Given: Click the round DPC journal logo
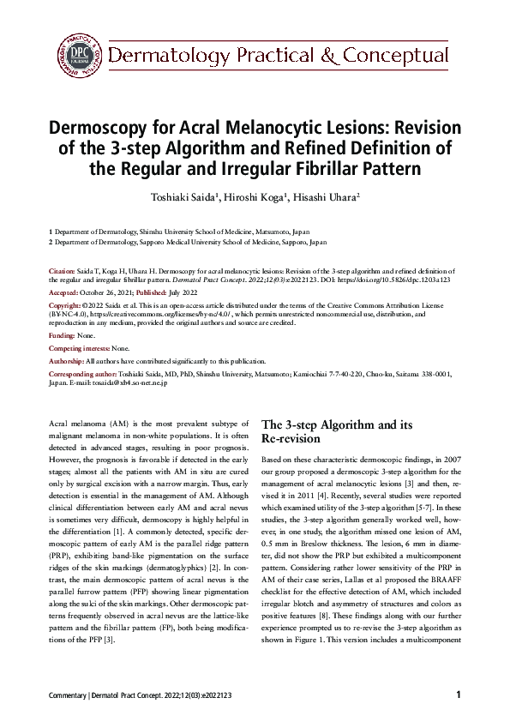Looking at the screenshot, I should pyautogui.click(x=81, y=56).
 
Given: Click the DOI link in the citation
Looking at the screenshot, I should pyautogui.click(x=411, y=279).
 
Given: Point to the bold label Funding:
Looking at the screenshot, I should pyautogui.click(x=62, y=335).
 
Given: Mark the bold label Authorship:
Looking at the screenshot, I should pyautogui.click(x=67, y=361).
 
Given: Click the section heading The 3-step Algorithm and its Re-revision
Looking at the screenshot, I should pyautogui.click(x=337, y=431).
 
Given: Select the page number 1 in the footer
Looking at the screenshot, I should pyautogui.click(x=459, y=695).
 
